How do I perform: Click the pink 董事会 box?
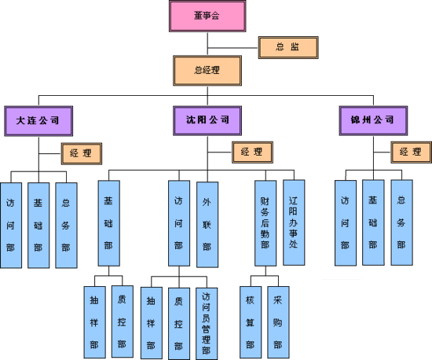click(207, 16)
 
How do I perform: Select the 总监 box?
click(288, 47)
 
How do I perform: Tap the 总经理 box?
click(207, 71)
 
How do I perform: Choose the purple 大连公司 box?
click(38, 121)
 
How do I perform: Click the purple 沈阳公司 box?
click(207, 121)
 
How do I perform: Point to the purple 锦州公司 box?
click(373, 121)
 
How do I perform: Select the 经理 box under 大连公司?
click(82, 153)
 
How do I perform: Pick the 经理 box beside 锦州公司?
click(411, 152)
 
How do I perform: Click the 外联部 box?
click(207, 224)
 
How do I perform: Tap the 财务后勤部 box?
click(265, 223)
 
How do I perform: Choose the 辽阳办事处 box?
click(294, 222)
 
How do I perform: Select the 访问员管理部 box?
click(207, 324)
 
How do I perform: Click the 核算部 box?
click(251, 322)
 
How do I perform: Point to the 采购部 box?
click(278, 322)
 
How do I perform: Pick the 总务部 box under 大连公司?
click(67, 226)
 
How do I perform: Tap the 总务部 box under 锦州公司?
click(401, 222)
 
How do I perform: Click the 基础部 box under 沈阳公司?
click(109, 223)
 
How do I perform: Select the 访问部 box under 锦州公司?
click(346, 223)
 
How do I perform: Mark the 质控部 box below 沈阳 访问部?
click(179, 324)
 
